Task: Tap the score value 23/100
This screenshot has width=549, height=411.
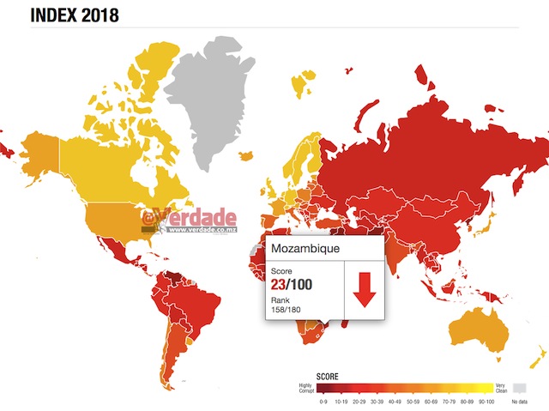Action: click(x=293, y=284)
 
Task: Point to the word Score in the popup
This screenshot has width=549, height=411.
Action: click(x=282, y=270)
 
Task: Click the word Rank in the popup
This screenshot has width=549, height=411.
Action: click(x=281, y=299)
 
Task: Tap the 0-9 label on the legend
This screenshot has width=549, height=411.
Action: click(x=323, y=401)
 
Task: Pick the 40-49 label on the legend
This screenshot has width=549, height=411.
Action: click(x=394, y=401)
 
